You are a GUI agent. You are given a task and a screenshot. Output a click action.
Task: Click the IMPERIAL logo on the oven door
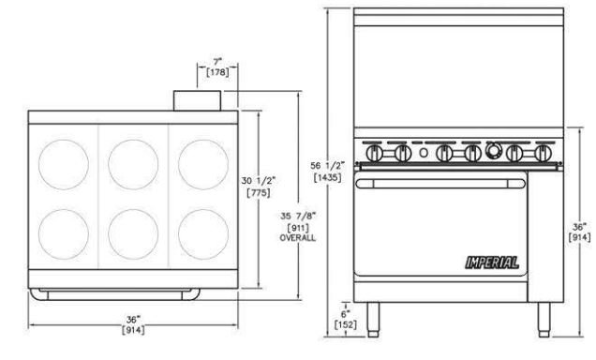click(492, 262)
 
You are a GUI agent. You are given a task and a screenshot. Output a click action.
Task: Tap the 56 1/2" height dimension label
click(327, 166)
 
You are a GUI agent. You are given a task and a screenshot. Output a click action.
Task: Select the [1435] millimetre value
click(327, 177)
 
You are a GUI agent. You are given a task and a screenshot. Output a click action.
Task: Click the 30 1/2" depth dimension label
click(259, 181)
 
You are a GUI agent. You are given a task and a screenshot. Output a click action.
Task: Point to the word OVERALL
click(298, 238)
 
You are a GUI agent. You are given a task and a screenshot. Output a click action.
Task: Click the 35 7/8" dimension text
click(298, 216)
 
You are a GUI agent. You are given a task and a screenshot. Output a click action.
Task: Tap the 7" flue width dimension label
click(217, 61)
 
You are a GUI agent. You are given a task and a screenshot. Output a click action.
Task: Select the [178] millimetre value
click(217, 72)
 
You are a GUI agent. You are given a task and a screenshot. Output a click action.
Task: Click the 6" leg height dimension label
click(346, 314)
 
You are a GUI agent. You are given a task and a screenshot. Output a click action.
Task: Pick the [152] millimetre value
click(346, 324)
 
